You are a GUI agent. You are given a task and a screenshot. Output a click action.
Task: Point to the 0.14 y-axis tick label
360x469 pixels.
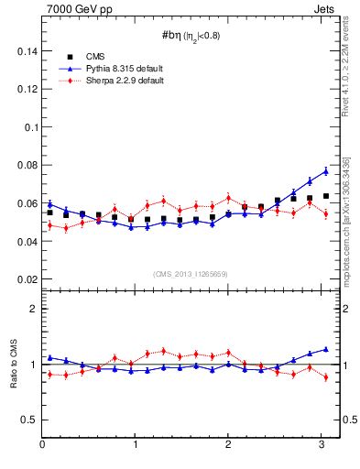tap(26, 51)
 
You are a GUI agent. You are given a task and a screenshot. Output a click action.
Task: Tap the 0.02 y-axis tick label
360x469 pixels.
tap(26, 278)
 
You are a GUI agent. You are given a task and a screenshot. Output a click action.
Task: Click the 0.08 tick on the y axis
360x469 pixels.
tap(26, 165)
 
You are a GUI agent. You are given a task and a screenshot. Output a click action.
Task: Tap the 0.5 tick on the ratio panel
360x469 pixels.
tap(29, 420)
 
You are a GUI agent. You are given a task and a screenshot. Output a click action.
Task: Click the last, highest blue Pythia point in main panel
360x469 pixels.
tap(325, 171)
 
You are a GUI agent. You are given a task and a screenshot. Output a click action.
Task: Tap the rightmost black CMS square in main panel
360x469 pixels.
tap(325, 196)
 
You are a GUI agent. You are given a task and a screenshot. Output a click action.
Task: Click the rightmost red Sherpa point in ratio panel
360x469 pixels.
tap(325, 376)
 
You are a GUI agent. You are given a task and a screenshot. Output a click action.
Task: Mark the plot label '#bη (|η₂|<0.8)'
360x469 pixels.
tap(191, 36)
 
